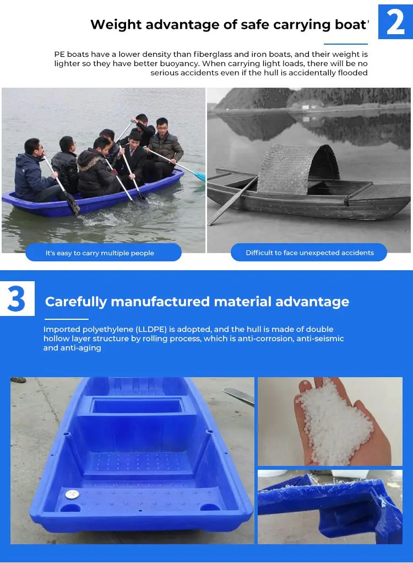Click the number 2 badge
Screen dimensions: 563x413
[395, 22]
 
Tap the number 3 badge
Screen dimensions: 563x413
[17, 298]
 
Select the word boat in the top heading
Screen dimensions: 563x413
[350, 25]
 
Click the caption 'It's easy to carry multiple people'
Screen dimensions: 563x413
[100, 253]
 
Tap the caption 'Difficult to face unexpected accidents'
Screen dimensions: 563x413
[309, 253]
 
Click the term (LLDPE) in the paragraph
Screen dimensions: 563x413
[154, 329]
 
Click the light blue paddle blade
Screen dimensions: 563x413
[199, 175]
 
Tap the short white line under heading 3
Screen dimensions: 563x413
[66, 319]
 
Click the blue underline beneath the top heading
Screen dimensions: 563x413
[345, 44]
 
